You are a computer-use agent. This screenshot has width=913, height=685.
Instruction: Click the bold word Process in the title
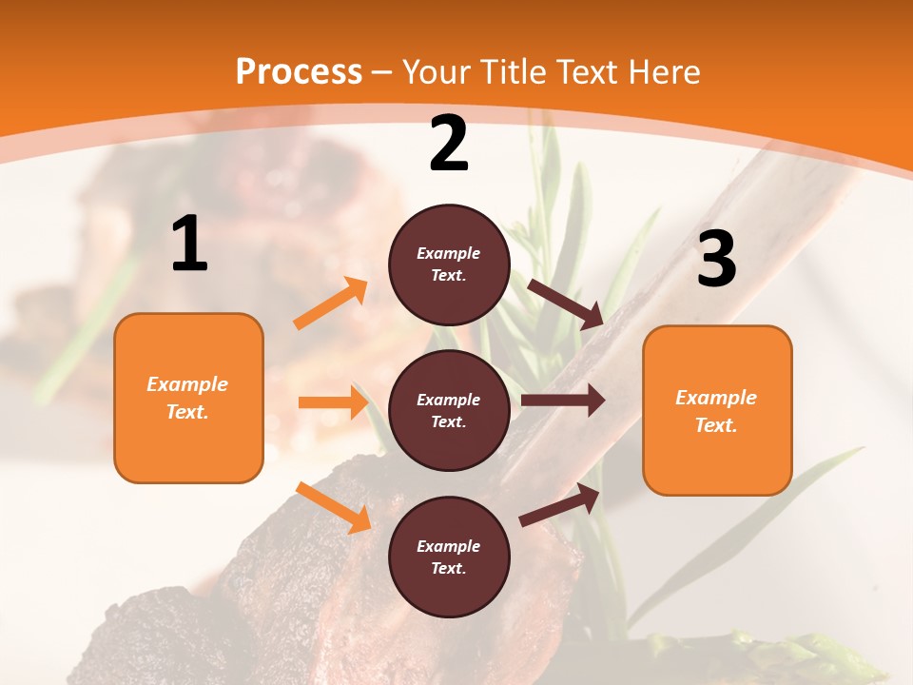299,71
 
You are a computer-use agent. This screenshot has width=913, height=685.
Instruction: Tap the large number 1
189,245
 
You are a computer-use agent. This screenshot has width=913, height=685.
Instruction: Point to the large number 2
449,144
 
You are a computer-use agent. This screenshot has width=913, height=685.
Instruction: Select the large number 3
716,260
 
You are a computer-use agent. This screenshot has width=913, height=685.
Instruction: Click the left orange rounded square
188,398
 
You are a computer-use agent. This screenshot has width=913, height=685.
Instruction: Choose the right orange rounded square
717,410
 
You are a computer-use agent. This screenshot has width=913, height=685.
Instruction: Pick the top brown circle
449,264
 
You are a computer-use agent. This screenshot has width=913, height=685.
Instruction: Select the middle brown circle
449,410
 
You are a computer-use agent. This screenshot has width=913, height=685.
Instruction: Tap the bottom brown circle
449,557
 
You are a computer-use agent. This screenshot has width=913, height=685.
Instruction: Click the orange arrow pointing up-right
331,303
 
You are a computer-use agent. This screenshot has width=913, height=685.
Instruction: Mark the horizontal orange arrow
333,402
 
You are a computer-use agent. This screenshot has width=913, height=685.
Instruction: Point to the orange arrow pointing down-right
333,506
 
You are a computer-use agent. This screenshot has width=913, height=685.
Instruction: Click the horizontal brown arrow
563,401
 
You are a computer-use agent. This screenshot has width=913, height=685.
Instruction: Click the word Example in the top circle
449,253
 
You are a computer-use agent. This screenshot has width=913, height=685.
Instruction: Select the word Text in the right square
715,425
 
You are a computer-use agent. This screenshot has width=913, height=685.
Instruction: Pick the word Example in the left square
187,384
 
